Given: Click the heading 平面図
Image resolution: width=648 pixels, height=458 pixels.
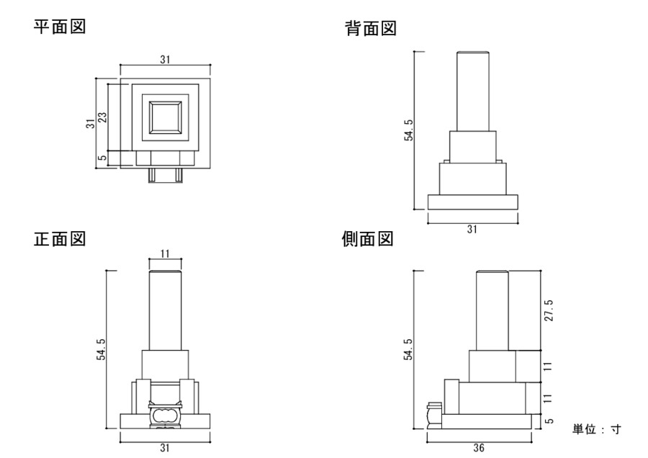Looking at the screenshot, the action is point(60,27).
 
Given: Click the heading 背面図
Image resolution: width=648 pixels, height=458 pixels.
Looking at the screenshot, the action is point(371,29).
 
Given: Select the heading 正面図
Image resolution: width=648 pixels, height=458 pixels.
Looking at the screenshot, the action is point(60,239).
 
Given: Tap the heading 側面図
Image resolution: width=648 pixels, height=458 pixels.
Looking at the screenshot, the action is point(367,239).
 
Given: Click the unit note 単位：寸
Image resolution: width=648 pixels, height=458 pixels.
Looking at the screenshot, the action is point(596,429).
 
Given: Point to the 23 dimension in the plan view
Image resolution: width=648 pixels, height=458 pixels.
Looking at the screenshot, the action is point(102,117).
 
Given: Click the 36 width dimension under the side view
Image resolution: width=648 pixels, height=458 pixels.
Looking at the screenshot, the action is point(479,448).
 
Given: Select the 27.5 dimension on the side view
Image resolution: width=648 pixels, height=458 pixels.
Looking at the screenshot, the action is point(549,310).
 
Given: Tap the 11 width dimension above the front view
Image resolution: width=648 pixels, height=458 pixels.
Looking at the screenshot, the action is point(165,253).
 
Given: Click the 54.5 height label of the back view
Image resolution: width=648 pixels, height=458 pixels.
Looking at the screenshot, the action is point(408,130).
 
